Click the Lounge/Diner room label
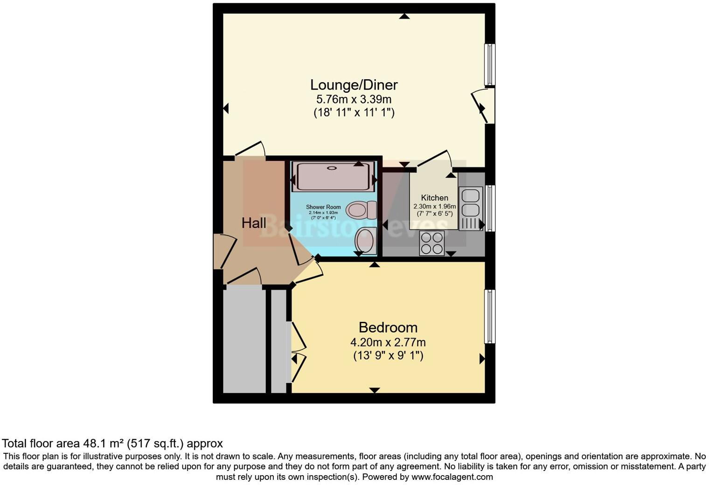pyautogui.click(x=354, y=85)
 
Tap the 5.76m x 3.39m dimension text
pyautogui.click(x=354, y=99)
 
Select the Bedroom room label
pyautogui.click(x=388, y=327)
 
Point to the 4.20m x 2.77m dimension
pyautogui.click(x=388, y=342)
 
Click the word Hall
pyautogui.click(x=254, y=223)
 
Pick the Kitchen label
pyautogui.click(x=434, y=198)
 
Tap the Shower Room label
pyautogui.click(x=323, y=207)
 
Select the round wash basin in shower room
pyautogui.click(x=366, y=241)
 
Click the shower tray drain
pyautogui.click(x=332, y=168)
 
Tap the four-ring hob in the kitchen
pyautogui.click(x=431, y=243)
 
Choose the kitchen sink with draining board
pyautogui.click(x=470, y=208)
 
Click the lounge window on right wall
pyautogui.click(x=489, y=65)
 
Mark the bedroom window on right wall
pyautogui.click(x=489, y=316)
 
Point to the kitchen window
pyautogui.click(x=490, y=208)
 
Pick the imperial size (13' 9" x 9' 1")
pyautogui.click(x=388, y=356)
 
